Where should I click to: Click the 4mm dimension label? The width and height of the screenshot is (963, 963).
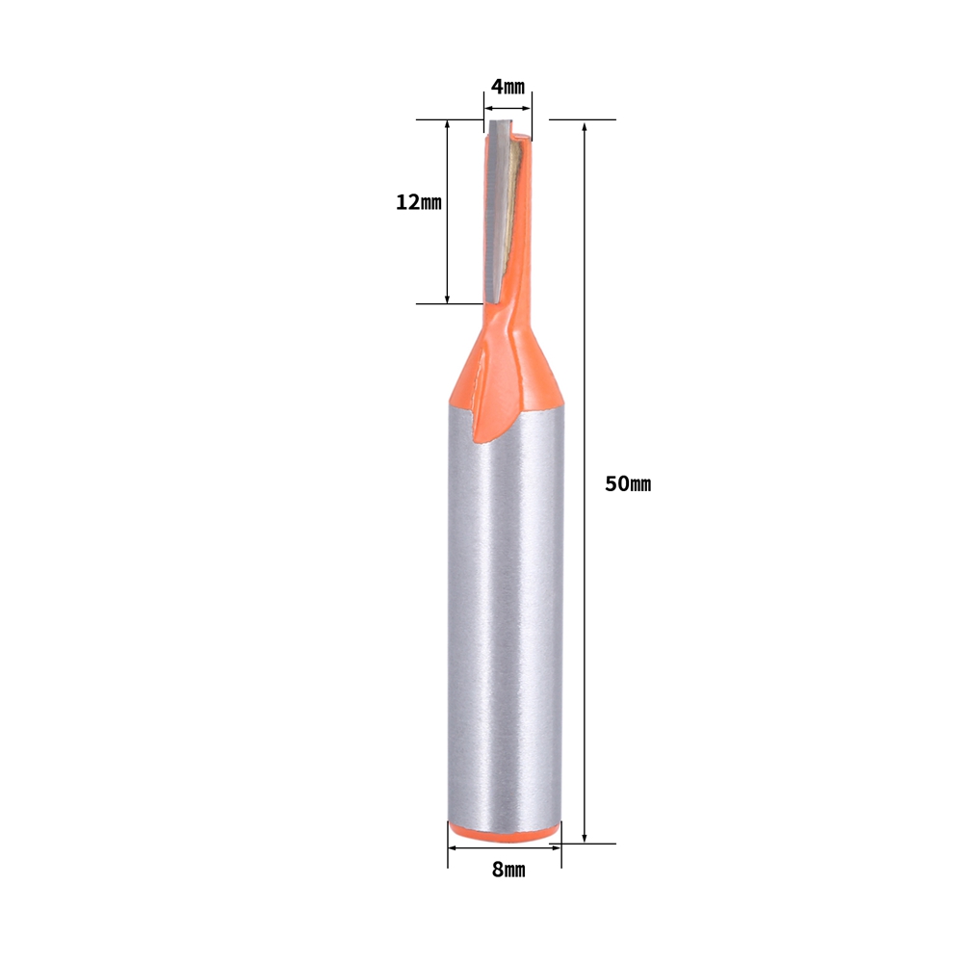pyautogui.click(x=508, y=87)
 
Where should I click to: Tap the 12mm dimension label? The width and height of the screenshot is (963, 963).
pyautogui.click(x=418, y=202)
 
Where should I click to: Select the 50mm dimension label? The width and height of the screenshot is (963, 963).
pyautogui.click(x=628, y=484)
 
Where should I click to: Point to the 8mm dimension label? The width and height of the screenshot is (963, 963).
pyautogui.click(x=508, y=870)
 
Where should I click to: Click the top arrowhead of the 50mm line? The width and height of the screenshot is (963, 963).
pyautogui.click(x=585, y=126)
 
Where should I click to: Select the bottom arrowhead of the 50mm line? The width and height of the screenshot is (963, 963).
pyautogui.click(x=585, y=837)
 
